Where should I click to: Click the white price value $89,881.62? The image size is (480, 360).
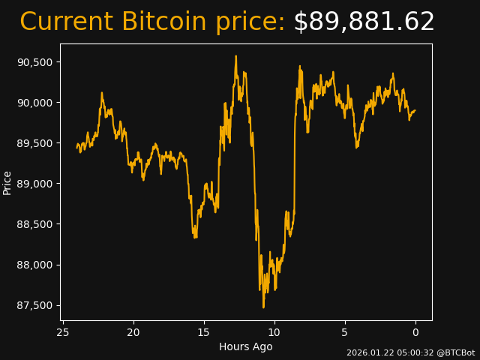click(x=364, y=22)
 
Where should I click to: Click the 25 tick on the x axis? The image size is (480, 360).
click(x=63, y=332)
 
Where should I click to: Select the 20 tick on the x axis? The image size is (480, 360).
click(x=133, y=332)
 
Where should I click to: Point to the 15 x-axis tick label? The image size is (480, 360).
click(x=204, y=332)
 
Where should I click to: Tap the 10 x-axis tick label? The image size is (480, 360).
click(x=274, y=332)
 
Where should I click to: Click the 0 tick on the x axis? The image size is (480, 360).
click(x=415, y=332)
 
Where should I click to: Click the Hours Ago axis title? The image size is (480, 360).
click(x=246, y=346)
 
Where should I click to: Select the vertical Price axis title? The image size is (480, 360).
click(x=7, y=182)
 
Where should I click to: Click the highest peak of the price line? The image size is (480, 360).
click(x=235, y=55)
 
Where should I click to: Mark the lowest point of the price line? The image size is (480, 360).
click(x=263, y=307)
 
